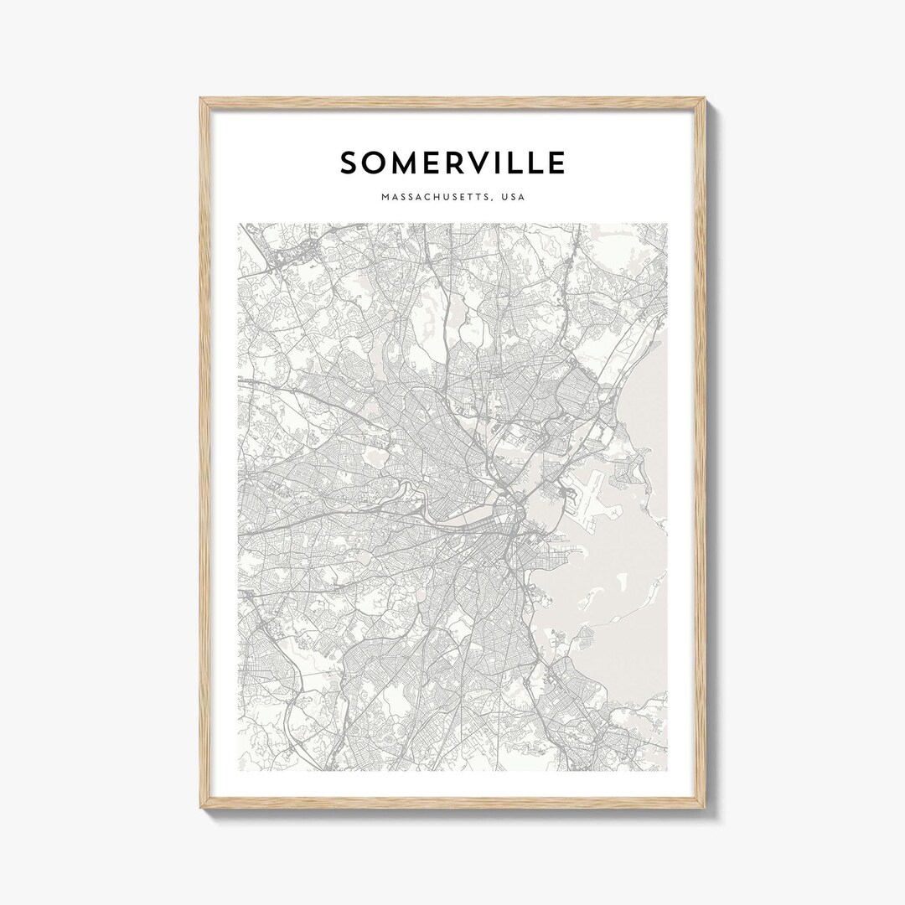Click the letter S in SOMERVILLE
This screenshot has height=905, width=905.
pyautogui.click(x=349, y=163)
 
